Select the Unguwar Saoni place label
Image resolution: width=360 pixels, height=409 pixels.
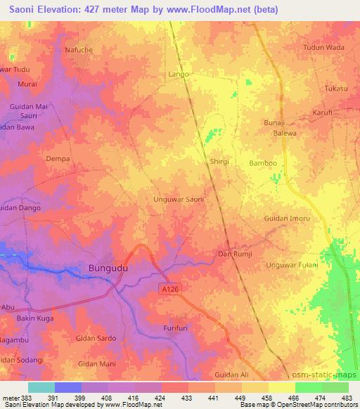point(179,200)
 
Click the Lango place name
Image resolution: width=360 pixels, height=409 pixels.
point(179,73)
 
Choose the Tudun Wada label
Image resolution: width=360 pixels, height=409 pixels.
point(323,67)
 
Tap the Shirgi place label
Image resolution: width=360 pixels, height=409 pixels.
point(219,161)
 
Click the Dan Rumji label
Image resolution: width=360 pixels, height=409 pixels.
point(235,254)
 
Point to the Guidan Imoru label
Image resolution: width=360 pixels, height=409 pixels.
point(287,219)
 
